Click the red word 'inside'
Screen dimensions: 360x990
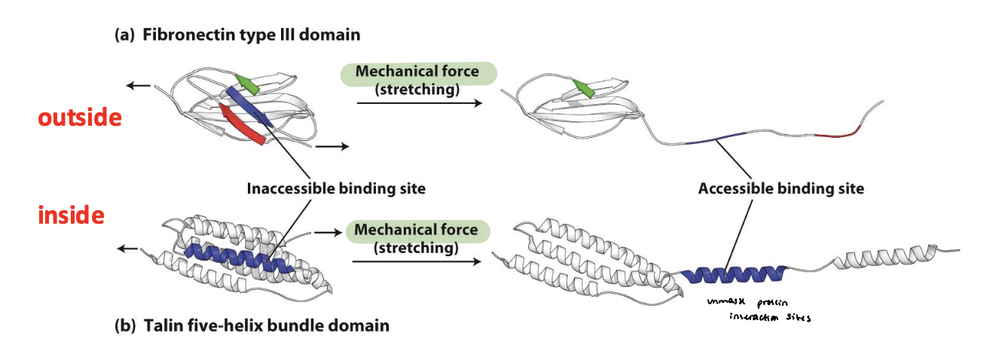72,216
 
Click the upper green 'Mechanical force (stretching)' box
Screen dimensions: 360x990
418,78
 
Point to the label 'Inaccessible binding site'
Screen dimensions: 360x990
335,188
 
